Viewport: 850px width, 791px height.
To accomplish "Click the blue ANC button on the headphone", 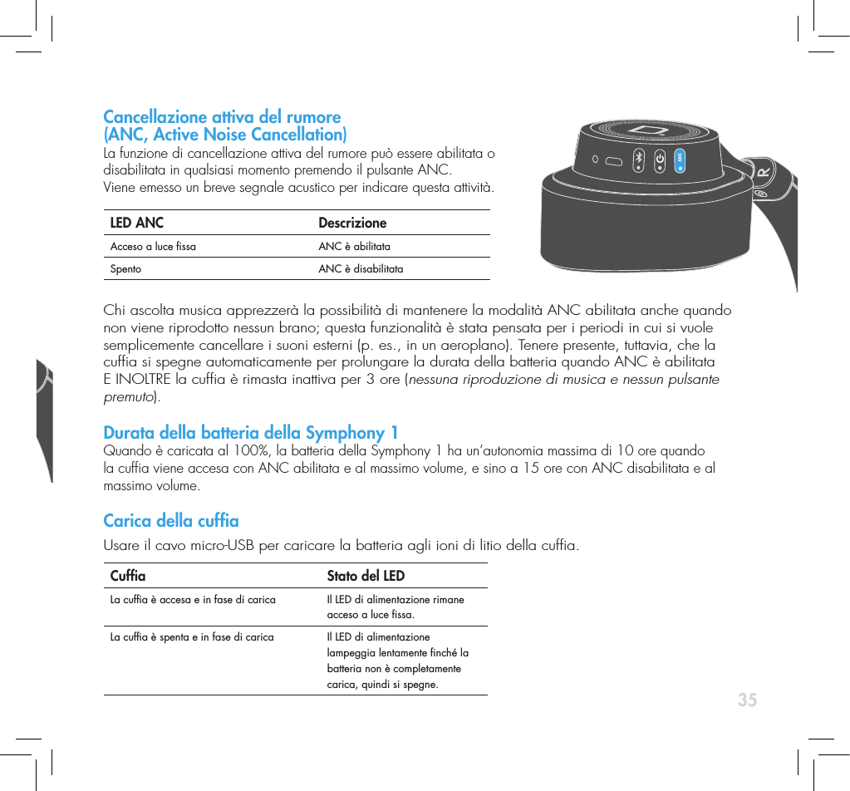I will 680,158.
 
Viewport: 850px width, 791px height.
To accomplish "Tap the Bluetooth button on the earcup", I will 638,160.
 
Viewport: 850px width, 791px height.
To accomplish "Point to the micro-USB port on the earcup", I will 615,160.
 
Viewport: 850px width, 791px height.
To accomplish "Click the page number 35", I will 747,700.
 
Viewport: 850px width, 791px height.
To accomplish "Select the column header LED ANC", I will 137,223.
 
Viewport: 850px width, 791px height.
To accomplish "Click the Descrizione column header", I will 352,223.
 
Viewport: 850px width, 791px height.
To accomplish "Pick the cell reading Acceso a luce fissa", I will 154,247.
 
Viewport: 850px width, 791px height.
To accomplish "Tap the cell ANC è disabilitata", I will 361,269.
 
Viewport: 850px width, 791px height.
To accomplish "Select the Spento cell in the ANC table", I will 126,269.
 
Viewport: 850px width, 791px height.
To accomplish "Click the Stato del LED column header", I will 366,576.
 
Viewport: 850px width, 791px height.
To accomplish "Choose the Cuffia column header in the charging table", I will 128,576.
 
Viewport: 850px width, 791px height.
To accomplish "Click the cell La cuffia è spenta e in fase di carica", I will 192,638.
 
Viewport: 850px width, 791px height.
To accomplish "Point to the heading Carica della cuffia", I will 170,521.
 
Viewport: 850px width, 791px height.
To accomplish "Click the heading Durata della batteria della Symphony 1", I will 250,433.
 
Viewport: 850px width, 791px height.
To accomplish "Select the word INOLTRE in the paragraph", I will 145,380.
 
